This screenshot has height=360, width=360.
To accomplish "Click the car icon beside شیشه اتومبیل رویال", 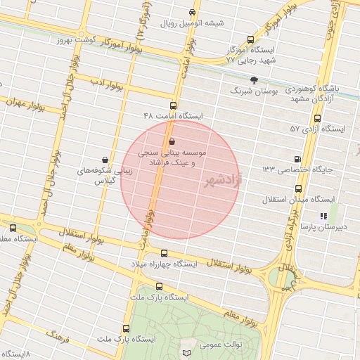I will point(193,13).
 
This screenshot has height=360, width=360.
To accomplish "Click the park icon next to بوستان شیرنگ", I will point(254,81).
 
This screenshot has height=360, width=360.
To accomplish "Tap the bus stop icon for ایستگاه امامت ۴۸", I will point(164,105).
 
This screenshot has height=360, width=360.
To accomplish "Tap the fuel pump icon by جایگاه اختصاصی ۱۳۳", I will point(297,159).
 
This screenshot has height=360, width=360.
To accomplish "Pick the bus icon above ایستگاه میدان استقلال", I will point(299,188).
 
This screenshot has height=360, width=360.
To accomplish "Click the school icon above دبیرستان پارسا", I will point(323,217).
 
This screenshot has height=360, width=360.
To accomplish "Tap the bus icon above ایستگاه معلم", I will point(13,227).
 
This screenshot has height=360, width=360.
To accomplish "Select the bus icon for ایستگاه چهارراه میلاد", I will point(165,253).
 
